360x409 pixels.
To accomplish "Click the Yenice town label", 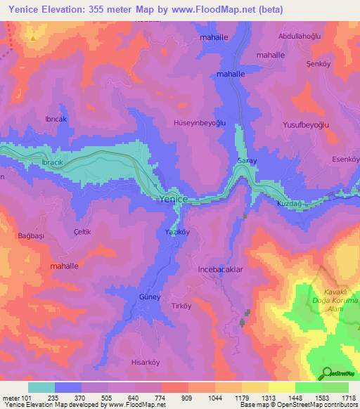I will click(174, 200).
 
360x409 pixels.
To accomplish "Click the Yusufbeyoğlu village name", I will click(307, 124).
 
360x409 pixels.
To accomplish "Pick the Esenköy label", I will click(346, 160).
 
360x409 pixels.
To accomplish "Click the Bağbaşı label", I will click(31, 236).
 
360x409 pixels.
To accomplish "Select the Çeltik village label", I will click(82, 231).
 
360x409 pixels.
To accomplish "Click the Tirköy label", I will click(182, 306).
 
